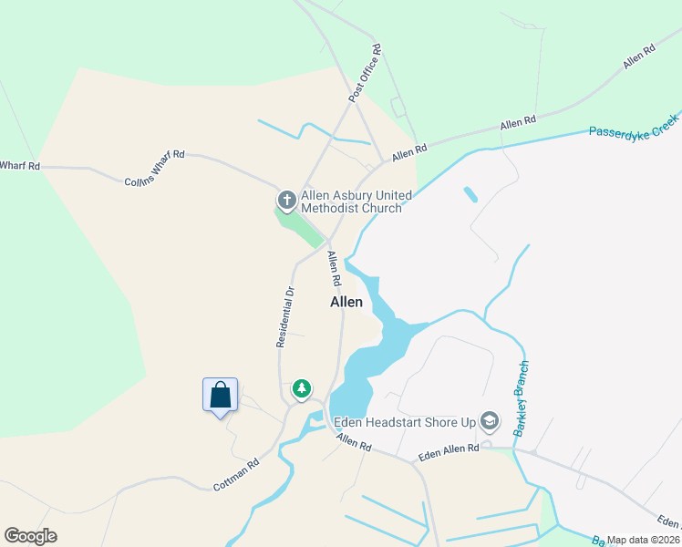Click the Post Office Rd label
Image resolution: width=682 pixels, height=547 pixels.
point(363,72)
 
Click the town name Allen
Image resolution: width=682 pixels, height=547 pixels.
point(346,302)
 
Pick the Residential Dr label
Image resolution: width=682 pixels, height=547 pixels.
point(285,317)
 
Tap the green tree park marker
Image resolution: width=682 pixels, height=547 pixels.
point(301,389)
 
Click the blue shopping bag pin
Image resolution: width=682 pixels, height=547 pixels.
point(220,396)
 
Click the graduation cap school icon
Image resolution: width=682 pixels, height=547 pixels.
point(490,420)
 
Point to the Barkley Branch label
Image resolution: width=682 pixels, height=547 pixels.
point(522,398)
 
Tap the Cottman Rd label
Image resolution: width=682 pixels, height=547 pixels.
point(236,475)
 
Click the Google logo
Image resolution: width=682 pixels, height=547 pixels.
point(30,536)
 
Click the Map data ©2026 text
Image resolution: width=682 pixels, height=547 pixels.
point(643,540)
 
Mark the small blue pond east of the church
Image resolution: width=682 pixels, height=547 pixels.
point(470,194)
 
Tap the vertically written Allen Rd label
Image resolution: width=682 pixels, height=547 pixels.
point(334,264)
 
